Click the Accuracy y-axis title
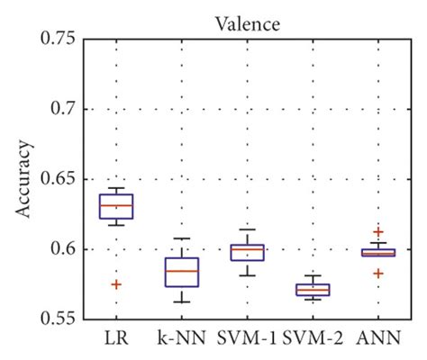[24, 178]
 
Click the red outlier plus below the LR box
[116, 284]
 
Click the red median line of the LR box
[117, 205]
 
